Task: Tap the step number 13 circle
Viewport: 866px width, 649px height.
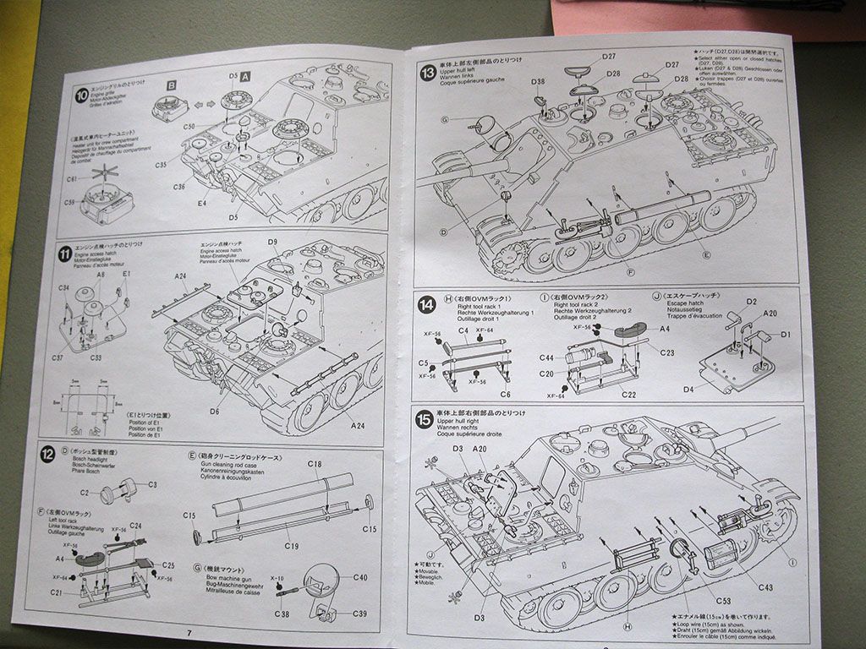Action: (x=428, y=72)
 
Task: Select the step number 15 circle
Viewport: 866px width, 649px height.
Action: (x=424, y=419)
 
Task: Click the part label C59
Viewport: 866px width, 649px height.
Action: (x=69, y=202)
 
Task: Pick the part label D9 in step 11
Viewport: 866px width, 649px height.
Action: (x=272, y=243)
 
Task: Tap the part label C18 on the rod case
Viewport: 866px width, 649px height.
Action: (x=314, y=465)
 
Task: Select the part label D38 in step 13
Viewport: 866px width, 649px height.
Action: (x=539, y=82)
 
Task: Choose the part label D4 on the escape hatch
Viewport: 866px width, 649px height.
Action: (x=688, y=390)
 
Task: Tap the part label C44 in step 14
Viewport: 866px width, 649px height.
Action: (x=546, y=358)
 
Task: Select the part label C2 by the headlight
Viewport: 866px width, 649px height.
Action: (x=85, y=493)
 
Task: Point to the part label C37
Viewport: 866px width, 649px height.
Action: (x=58, y=358)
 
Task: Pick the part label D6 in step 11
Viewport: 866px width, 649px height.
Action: (x=215, y=412)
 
